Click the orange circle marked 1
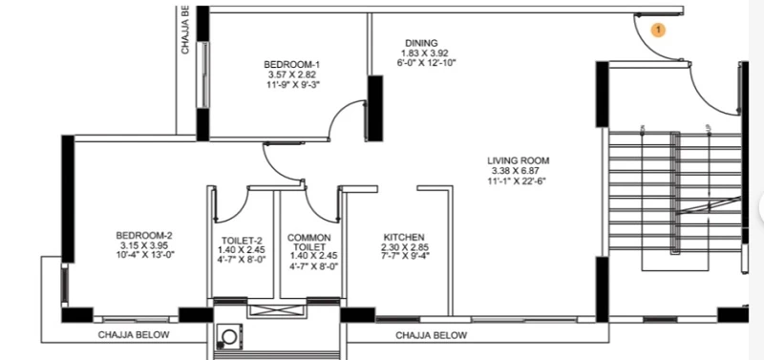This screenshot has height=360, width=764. coord(658,31)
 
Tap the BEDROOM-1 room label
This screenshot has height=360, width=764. coord(292,64)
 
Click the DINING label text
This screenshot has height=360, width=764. coord(421,43)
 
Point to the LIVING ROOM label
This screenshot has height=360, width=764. coord(519,160)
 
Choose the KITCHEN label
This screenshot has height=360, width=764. coord(404,237)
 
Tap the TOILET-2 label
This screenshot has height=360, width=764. coord(242,241)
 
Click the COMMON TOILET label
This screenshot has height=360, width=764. coord(308,243)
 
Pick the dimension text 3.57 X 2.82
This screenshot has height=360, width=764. coord(292,74)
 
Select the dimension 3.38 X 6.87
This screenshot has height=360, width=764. coord(517,171)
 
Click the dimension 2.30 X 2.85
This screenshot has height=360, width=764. coord(405,247)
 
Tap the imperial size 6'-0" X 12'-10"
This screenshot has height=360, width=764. coord(426,62)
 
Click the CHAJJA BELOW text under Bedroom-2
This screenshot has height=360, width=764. coord(134,335)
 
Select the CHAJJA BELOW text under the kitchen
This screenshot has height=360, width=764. coord(432,335)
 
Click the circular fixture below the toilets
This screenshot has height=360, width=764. coord(229,336)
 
